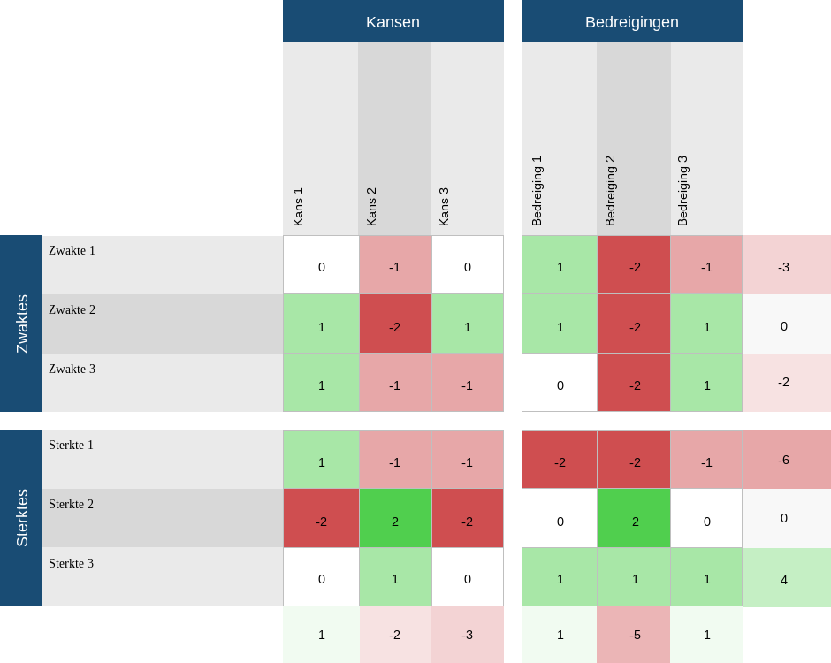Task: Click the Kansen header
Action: (x=393, y=22)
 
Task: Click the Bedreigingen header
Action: (x=631, y=22)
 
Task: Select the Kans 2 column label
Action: (x=371, y=206)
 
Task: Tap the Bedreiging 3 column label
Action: (x=682, y=191)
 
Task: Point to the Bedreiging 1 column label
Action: (x=537, y=191)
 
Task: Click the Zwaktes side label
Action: (x=22, y=324)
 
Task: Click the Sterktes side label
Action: (x=22, y=518)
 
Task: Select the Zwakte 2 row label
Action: (x=72, y=310)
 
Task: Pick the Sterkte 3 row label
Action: (x=72, y=564)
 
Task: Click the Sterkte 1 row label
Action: (x=72, y=446)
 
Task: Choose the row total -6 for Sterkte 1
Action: (x=784, y=460)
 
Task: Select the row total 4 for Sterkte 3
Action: (x=784, y=578)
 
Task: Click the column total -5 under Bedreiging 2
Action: (x=634, y=635)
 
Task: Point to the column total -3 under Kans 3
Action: (x=468, y=635)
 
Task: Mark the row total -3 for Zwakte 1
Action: (x=784, y=265)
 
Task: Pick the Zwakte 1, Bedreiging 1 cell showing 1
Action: (x=560, y=265)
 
